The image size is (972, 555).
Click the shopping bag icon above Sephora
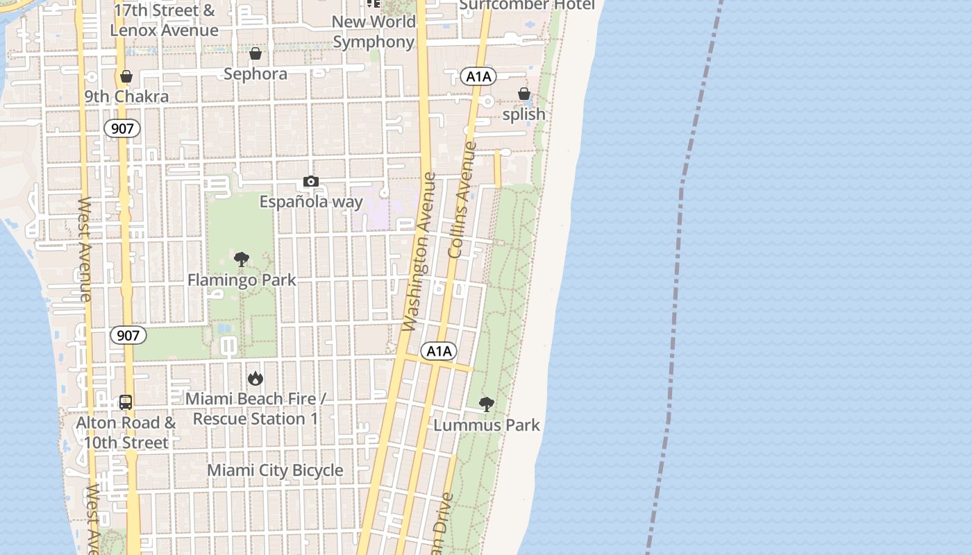click(255, 53)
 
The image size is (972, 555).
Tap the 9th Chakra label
click(126, 96)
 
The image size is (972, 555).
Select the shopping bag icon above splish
click(523, 94)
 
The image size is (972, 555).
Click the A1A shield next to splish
click(478, 76)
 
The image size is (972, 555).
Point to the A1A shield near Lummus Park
click(439, 351)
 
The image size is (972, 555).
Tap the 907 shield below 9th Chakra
click(123, 128)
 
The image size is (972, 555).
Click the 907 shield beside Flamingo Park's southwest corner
click(128, 336)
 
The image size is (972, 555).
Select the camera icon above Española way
click(310, 182)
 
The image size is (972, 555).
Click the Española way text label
click(311, 202)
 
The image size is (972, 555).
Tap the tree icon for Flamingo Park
click(242, 260)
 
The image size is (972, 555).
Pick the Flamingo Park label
click(242, 280)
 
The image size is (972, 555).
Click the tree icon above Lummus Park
click(487, 404)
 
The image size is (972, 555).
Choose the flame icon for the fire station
click(255, 379)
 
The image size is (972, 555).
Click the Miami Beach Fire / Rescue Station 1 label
click(255, 409)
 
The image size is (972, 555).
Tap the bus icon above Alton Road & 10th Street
click(126, 402)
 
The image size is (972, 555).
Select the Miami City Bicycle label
click(276, 470)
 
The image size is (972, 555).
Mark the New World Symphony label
click(374, 32)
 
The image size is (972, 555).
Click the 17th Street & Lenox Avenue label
click(165, 20)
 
